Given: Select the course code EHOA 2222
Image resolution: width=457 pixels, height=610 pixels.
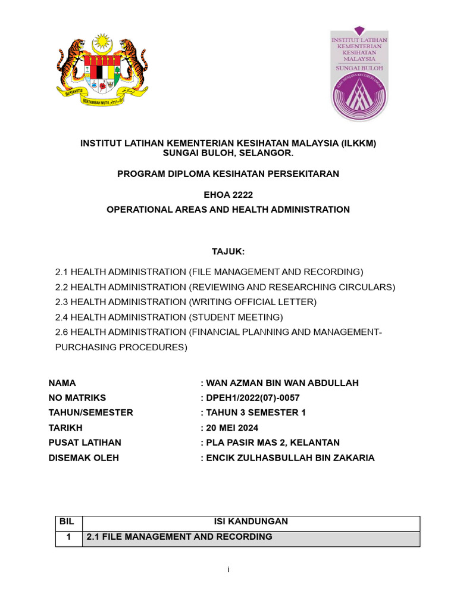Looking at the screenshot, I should (228, 195).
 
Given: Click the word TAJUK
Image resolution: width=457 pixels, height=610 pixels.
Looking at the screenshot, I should (228, 251).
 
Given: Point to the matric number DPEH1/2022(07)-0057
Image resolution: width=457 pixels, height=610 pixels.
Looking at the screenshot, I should (253, 397).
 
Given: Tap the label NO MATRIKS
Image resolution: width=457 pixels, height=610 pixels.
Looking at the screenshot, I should (77, 397).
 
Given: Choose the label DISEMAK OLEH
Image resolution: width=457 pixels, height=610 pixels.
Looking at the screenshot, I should (83, 457).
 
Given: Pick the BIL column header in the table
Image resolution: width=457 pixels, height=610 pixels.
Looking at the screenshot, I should (68, 522).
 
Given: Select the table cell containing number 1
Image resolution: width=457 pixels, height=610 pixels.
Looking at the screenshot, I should (68, 537).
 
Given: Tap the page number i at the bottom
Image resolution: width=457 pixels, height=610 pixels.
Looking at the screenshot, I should (228, 570).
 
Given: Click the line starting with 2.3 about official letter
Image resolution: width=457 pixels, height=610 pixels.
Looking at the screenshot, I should (186, 302).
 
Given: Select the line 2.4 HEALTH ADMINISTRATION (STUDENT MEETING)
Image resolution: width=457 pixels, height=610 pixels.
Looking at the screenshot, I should (169, 317).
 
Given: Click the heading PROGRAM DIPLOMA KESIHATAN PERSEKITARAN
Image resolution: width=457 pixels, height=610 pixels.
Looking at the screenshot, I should (228, 174).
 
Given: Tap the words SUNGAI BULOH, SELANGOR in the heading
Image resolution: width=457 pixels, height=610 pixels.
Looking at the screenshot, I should (228, 153).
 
